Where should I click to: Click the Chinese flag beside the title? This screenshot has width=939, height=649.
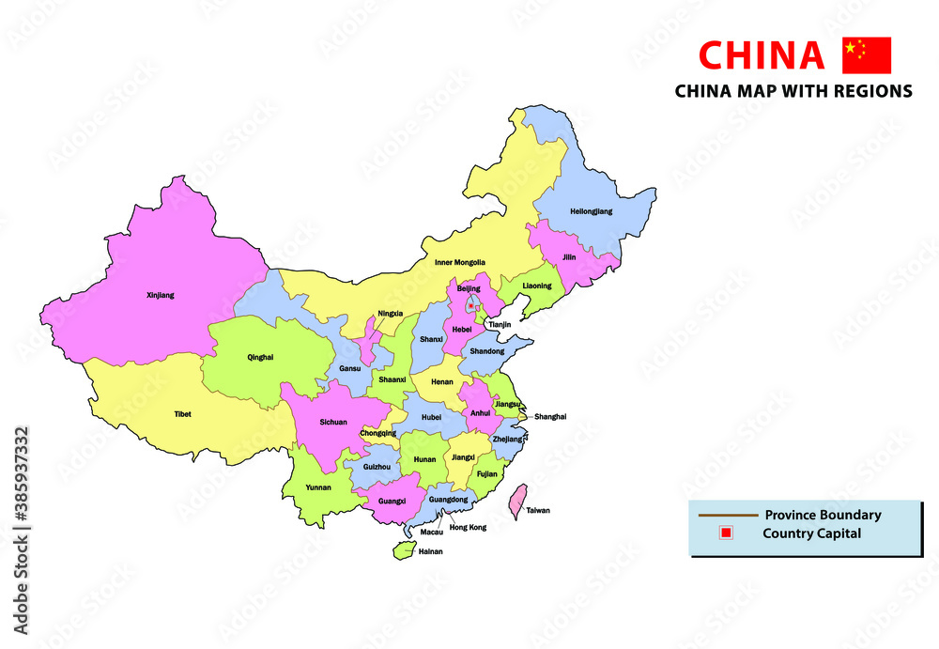pyautogui.click(x=866, y=55)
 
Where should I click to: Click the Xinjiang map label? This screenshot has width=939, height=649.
pyautogui.click(x=161, y=295)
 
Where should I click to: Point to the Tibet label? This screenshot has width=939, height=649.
pyautogui.click(x=182, y=413)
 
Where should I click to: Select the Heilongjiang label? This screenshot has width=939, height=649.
pyautogui.click(x=591, y=211)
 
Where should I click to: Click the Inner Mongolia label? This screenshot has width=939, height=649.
pyautogui.click(x=460, y=262)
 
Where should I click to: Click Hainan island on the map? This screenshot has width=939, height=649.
pyautogui.click(x=402, y=549)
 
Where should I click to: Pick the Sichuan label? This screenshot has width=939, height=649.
pyautogui.click(x=332, y=423)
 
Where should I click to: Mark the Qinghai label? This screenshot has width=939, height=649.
pyautogui.click(x=260, y=357)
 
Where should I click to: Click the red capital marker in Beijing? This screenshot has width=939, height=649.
pyautogui.click(x=470, y=306)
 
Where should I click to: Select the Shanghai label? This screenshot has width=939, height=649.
pyautogui.click(x=550, y=416)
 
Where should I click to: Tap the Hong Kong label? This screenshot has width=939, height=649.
pyautogui.click(x=468, y=528)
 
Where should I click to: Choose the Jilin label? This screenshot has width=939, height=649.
pyautogui.click(x=568, y=256)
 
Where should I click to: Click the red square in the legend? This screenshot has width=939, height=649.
pyautogui.click(x=724, y=533)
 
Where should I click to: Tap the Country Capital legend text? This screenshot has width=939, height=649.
pyautogui.click(x=811, y=533)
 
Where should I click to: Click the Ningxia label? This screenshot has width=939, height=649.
pyautogui.click(x=391, y=313)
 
